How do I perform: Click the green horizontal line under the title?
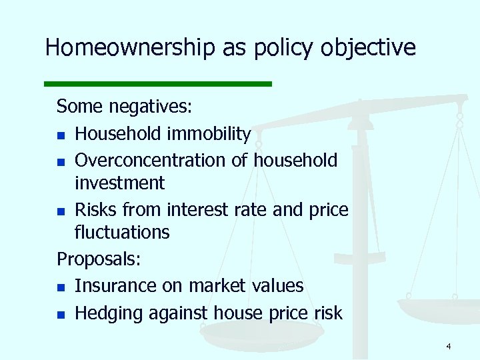click(158, 84)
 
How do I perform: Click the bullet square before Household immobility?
click(61, 135)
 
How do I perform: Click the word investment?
click(119, 183)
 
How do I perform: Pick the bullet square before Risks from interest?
click(61, 211)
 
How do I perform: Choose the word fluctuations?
click(122, 232)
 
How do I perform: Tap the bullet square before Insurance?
click(61, 287)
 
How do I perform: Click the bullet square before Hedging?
click(61, 314)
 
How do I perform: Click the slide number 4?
click(449, 346)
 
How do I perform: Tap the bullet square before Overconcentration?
click(61, 162)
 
